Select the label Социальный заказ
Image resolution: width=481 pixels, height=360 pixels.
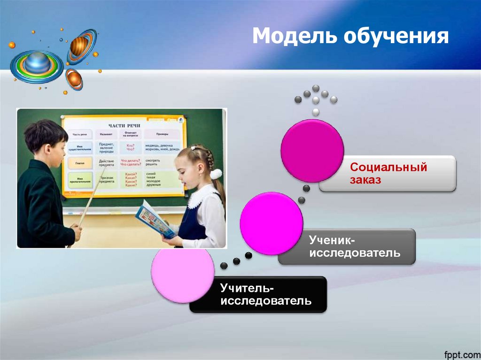(388, 174)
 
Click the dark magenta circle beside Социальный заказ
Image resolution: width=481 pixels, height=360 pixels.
(312, 150)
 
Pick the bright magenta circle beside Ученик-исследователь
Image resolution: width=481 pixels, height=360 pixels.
(271, 223)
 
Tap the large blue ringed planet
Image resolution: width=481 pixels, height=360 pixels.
(37, 63)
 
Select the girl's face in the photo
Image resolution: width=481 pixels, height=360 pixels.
(186, 168)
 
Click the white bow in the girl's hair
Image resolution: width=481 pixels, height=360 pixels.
(216, 174)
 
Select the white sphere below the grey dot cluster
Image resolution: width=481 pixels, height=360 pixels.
(316, 112)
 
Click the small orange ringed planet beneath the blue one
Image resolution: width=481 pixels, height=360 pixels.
(73, 78)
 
